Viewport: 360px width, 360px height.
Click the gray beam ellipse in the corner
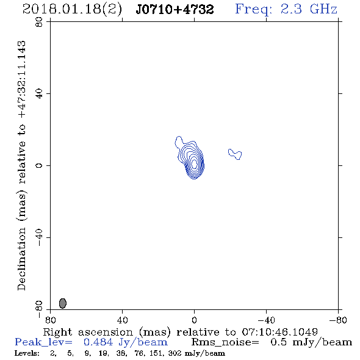63,303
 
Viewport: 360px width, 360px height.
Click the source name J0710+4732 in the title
175,10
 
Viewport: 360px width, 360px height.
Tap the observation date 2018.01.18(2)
72,10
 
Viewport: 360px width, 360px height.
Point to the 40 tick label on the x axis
122,320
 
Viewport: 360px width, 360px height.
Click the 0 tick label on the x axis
194,320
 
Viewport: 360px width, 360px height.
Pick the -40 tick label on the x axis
266,320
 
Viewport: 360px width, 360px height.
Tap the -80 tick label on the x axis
338,320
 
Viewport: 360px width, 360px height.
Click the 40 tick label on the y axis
39,94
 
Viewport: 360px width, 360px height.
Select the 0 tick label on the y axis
39,165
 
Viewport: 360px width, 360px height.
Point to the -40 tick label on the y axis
39,237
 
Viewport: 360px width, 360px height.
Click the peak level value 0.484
98,342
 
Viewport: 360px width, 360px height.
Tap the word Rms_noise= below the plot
225,342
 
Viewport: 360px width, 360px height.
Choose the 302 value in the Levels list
175,353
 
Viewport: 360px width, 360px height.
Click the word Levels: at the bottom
27,353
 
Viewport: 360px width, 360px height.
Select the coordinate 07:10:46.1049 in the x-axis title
280,332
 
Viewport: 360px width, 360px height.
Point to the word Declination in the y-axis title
21,259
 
